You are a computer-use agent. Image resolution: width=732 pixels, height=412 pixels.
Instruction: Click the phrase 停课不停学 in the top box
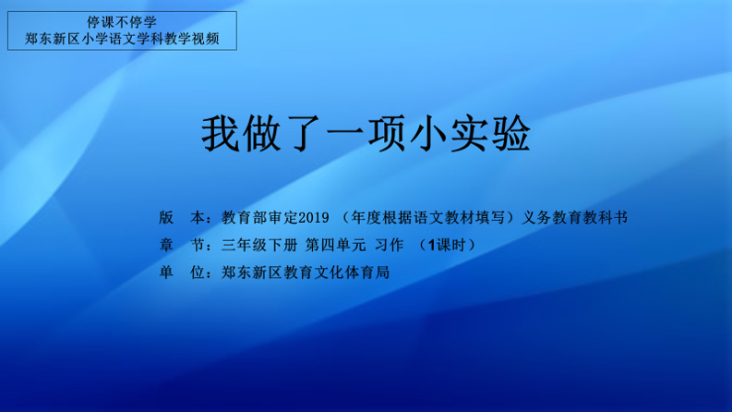tap(122, 22)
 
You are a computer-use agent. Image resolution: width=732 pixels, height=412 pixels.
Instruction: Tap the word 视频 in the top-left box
tap(206, 39)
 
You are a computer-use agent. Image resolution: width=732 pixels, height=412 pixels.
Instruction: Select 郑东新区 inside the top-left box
tap(53, 39)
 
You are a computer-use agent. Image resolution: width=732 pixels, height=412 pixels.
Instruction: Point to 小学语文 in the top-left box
tap(108, 39)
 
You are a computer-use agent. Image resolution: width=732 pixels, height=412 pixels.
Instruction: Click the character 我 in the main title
tap(221, 134)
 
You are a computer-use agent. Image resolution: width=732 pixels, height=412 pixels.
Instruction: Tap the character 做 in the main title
tap(262, 134)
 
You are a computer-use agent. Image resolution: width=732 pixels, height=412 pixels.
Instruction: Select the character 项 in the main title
tap(387, 134)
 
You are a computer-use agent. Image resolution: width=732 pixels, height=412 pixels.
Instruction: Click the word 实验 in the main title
tap(490, 134)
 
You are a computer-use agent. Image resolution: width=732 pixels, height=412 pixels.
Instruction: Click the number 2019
tap(314, 218)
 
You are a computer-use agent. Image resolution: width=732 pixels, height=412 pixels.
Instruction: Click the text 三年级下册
tap(259, 245)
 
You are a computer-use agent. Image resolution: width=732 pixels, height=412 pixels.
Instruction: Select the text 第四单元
tap(336, 245)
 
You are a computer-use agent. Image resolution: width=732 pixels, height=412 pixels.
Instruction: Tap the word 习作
tap(389, 245)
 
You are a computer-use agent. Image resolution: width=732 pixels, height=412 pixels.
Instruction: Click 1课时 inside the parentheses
tap(447, 245)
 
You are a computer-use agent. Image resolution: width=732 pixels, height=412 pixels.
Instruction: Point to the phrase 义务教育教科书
tap(575, 218)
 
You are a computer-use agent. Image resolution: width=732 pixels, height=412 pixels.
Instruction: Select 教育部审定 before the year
tap(259, 218)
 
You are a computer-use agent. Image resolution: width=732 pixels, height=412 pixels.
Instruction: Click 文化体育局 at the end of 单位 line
tap(352, 273)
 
